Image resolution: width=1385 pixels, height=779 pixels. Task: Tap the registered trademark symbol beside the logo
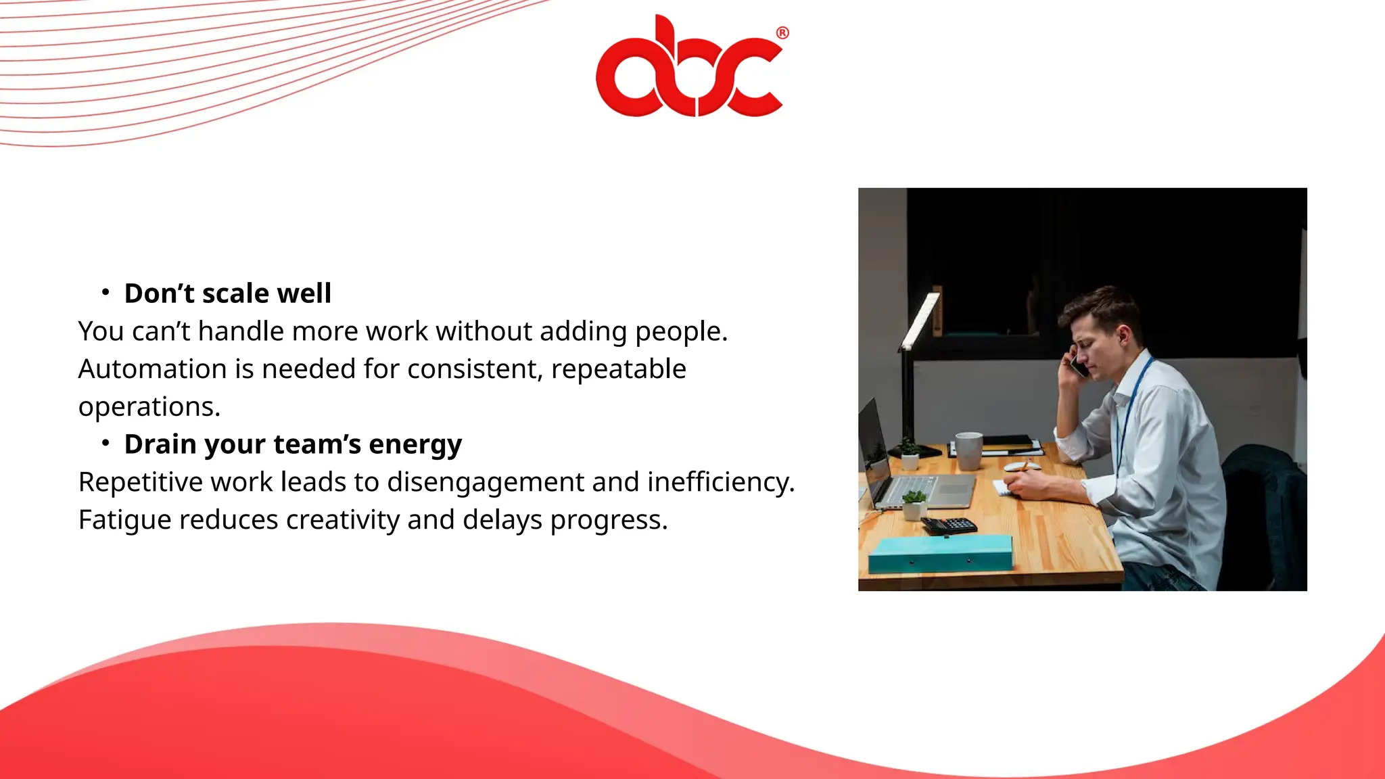click(782, 32)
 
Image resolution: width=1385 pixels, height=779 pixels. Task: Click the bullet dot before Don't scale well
click(105, 292)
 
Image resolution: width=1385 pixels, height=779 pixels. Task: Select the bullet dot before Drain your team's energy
click(105, 443)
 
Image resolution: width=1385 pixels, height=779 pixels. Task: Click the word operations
click(149, 407)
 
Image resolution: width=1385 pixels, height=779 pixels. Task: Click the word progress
click(608, 520)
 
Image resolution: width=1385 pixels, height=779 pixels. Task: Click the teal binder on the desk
click(940, 552)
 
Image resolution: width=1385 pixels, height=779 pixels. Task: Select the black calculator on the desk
click(951, 525)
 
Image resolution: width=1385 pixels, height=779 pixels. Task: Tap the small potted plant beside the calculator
click(914, 504)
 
